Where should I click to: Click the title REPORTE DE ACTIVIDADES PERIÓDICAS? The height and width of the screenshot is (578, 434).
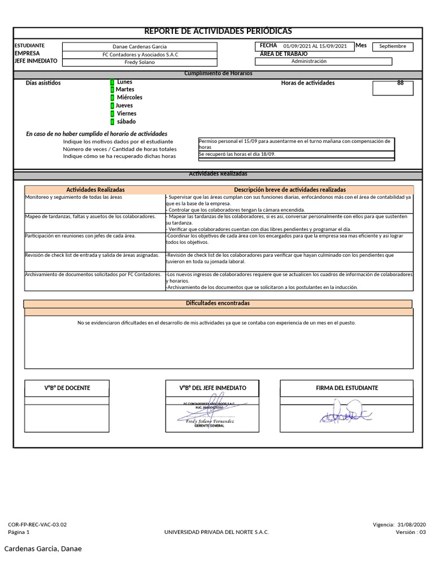pyautogui.click(x=218, y=32)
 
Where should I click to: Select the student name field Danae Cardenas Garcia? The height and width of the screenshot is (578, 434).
pyautogui.click(x=140, y=47)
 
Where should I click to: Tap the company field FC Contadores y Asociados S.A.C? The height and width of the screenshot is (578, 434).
pyautogui.click(x=140, y=55)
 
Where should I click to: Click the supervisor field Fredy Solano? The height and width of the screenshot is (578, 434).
pyautogui.click(x=140, y=62)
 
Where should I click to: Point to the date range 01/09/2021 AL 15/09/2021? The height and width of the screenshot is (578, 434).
pyautogui.click(x=315, y=46)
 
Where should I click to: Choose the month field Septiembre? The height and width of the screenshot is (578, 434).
pyautogui.click(x=393, y=46)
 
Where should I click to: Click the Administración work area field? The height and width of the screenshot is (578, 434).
pyautogui.click(x=309, y=62)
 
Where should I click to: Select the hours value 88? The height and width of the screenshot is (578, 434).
pyautogui.click(x=400, y=83)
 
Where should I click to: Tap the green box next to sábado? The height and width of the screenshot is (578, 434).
pyautogui.click(x=112, y=121)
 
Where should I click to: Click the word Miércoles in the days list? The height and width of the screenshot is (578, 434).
pyautogui.click(x=129, y=97)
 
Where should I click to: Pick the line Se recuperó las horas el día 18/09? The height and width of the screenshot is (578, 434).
pyautogui.click(x=237, y=154)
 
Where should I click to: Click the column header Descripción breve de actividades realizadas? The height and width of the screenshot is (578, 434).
pyautogui.click(x=289, y=190)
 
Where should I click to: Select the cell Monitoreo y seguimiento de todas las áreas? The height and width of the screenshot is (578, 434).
pyautogui.click(x=73, y=197)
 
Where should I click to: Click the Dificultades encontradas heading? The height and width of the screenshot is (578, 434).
pyautogui.click(x=218, y=304)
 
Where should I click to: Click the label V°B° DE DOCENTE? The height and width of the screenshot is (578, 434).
pyautogui.click(x=67, y=388)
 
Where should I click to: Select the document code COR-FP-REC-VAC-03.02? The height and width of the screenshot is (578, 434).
pyautogui.click(x=37, y=524)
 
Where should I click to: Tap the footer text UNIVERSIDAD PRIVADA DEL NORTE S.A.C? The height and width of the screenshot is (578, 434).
pyautogui.click(x=216, y=532)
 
